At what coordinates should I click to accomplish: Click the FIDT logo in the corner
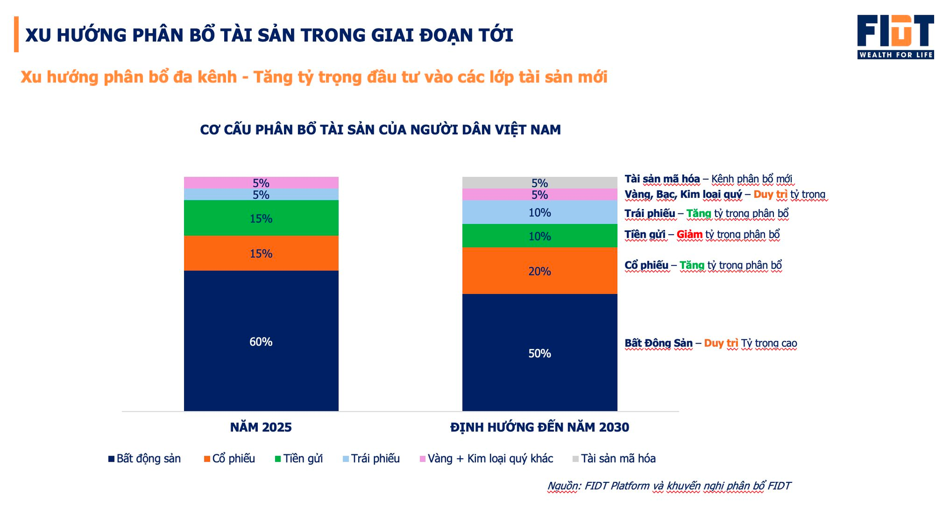pos(895,37)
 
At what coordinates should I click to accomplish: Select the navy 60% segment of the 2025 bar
pos(261,341)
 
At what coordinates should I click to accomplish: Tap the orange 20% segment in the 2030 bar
pos(539,271)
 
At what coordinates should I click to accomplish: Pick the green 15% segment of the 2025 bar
pos(261,218)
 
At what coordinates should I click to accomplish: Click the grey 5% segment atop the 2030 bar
pos(539,182)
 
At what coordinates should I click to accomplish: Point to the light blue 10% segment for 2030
pos(539,212)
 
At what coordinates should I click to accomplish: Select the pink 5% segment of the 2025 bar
pos(261,182)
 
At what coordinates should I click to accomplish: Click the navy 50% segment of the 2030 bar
pos(539,352)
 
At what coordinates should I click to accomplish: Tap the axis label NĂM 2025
pos(261,427)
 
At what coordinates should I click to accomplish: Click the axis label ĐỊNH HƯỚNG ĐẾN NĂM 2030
pos(539,427)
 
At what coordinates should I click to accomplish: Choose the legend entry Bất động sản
pos(144,459)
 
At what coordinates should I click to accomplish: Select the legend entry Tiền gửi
pos(299,459)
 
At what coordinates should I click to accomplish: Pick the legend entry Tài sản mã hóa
pos(614,459)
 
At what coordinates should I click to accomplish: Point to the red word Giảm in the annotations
pos(689,234)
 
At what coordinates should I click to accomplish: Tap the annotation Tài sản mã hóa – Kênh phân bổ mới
pos(708,179)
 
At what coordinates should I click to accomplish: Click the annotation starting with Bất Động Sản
pos(711,343)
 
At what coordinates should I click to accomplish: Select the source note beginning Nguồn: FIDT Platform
pos(668,486)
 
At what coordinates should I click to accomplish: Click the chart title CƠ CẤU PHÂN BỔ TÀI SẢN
pos(380,130)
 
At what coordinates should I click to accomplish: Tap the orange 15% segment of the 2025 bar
pos(261,253)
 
